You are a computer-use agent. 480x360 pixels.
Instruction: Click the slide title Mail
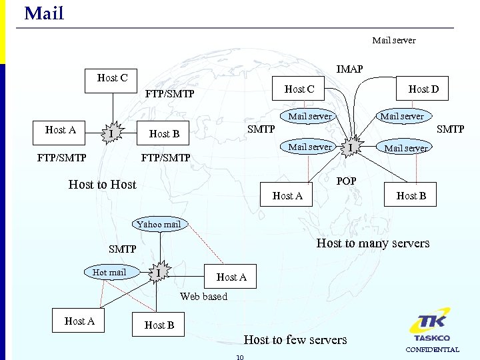[x=44, y=13]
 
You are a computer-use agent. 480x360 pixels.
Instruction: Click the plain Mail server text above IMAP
[x=393, y=41]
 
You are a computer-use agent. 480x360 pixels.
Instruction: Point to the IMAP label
[x=349, y=69]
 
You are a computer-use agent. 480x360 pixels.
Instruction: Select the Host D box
[x=423, y=89]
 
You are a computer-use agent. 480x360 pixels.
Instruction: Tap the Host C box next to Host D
[x=299, y=89]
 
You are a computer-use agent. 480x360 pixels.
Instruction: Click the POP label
[x=346, y=181]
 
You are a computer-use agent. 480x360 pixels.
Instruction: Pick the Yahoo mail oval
[x=159, y=224]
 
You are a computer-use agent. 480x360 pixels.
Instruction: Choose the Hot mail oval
[x=109, y=272]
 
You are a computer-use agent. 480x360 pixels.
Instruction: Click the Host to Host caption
[x=102, y=185]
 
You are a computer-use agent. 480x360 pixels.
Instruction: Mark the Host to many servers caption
[x=373, y=243]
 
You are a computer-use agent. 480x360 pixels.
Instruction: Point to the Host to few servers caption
[x=295, y=340]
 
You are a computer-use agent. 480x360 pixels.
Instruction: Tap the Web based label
[x=203, y=297]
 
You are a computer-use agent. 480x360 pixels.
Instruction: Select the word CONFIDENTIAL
[x=432, y=349]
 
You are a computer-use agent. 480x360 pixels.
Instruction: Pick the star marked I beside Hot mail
[x=158, y=273]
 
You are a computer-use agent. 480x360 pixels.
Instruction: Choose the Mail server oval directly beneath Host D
[x=401, y=116]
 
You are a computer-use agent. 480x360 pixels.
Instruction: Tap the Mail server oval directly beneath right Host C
[x=309, y=116]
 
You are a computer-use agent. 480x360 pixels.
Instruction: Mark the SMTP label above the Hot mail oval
[x=123, y=249]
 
